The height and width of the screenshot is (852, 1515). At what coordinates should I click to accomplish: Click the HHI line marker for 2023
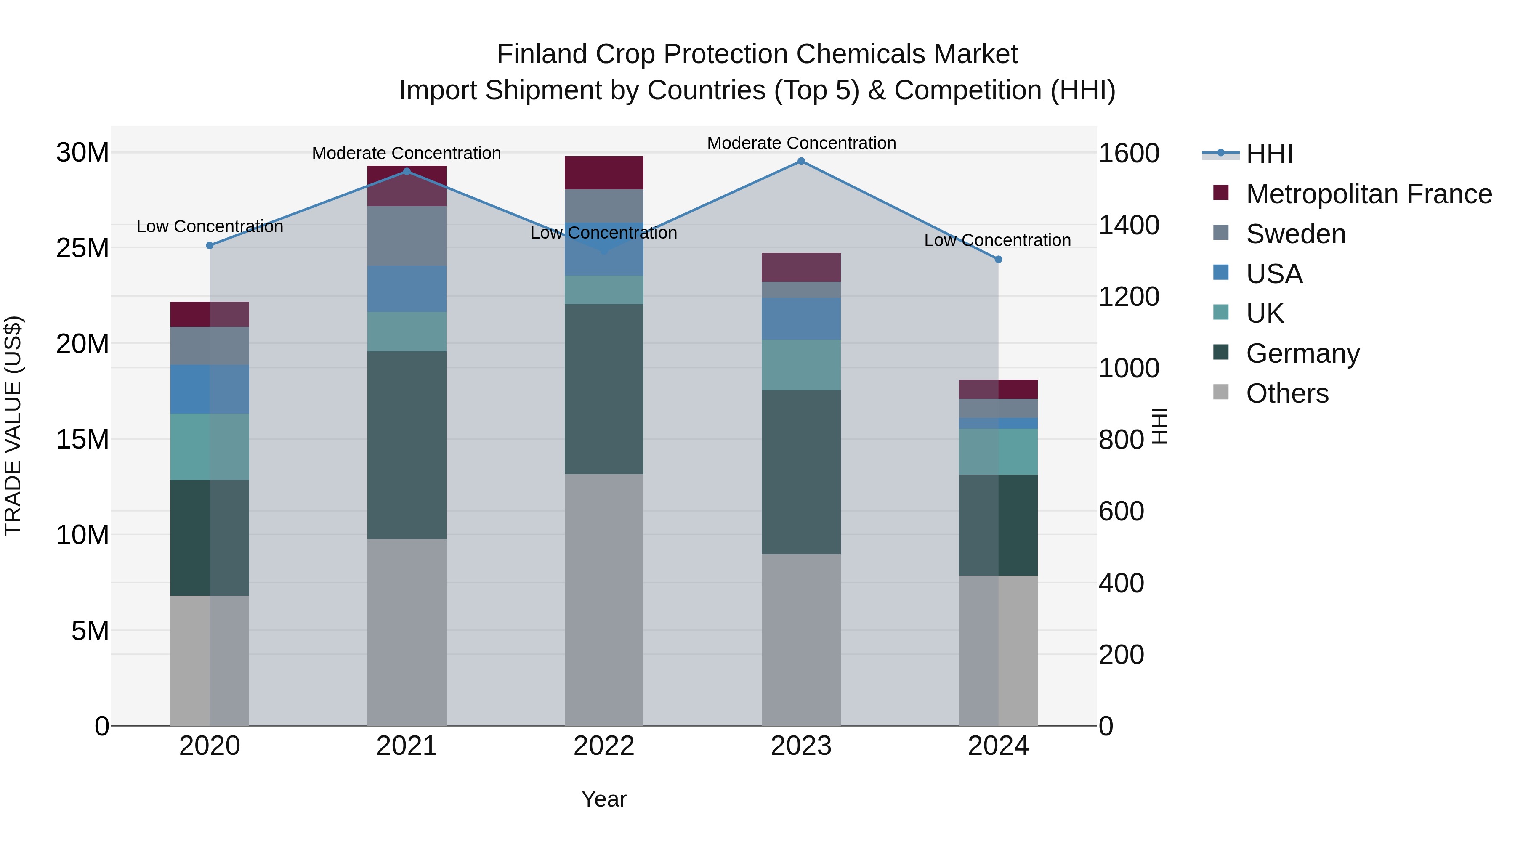coord(801,161)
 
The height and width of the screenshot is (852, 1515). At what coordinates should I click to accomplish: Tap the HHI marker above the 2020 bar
coord(210,245)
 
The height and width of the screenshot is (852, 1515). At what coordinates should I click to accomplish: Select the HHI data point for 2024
coord(998,259)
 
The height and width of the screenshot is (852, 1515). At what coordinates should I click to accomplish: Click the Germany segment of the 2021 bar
coord(407,445)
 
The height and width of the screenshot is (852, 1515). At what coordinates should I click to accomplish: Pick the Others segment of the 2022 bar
coord(604,600)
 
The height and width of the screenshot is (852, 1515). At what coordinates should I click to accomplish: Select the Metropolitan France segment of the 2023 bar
coord(801,268)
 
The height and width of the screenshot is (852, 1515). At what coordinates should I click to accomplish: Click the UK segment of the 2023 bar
coord(801,365)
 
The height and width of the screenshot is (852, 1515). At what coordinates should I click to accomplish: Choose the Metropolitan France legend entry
coord(1369,194)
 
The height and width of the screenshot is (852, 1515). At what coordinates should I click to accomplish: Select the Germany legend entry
coord(1302,353)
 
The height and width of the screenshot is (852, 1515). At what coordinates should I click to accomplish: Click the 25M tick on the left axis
coord(82,248)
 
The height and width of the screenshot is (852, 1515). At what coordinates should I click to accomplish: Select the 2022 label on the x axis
coord(604,746)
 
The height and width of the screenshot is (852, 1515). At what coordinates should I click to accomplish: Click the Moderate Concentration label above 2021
coord(407,153)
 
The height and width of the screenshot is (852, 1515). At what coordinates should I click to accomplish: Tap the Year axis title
coord(604,799)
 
